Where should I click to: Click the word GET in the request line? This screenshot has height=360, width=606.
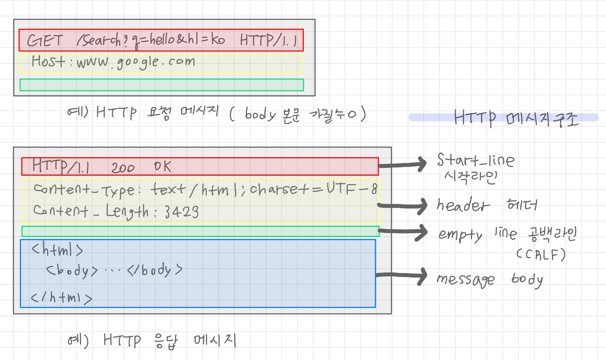(x=45, y=40)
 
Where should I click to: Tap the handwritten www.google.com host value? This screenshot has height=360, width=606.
(x=136, y=63)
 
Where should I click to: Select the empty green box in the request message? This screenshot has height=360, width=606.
(x=162, y=85)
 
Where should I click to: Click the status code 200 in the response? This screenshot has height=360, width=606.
(x=123, y=168)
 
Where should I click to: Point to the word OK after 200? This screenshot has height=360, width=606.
(x=162, y=166)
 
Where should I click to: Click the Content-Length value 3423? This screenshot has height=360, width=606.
(x=182, y=212)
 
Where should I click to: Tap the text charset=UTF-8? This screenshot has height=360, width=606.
(x=314, y=189)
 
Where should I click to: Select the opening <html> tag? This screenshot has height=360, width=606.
(x=58, y=249)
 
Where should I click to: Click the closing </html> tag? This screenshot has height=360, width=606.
(x=62, y=297)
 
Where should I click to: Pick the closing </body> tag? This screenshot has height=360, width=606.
(x=155, y=270)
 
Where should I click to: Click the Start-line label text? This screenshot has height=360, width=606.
(x=476, y=160)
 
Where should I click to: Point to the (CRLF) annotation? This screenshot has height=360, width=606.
(x=541, y=255)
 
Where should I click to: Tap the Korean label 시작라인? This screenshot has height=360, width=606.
(x=471, y=177)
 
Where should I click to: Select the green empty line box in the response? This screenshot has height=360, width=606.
(x=200, y=231)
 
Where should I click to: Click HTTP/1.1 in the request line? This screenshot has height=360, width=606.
(x=269, y=40)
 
